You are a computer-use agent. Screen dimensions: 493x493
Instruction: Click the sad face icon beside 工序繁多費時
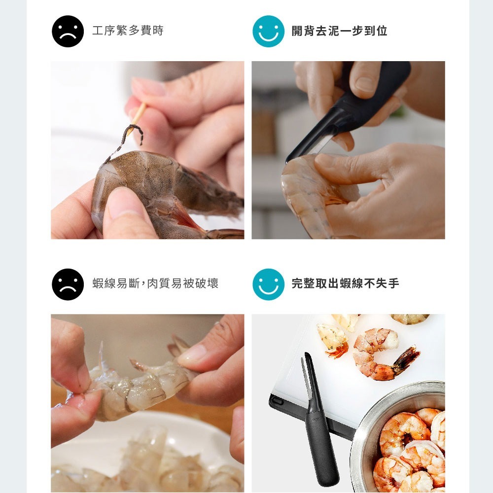tap(68, 32)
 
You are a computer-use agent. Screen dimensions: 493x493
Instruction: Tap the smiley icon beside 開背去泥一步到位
tap(268, 32)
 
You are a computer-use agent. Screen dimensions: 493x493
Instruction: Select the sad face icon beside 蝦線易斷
tap(68, 284)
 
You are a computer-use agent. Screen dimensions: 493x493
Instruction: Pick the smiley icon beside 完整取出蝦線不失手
tap(268, 284)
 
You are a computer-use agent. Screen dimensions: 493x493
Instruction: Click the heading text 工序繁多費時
tap(128, 31)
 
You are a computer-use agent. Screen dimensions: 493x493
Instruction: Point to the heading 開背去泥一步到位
tap(339, 31)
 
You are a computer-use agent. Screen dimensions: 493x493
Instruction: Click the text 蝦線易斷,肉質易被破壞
tap(155, 283)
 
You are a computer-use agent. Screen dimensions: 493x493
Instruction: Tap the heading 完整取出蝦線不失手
tap(345, 283)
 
